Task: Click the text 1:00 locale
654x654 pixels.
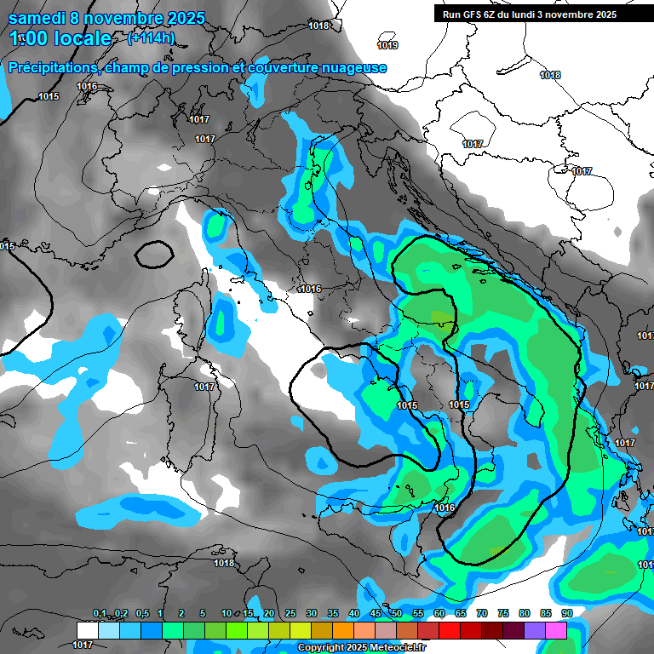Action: click(60, 38)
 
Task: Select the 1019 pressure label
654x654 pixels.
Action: click(387, 45)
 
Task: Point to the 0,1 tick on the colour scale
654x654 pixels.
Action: click(100, 614)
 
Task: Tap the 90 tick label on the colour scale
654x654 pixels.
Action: click(566, 614)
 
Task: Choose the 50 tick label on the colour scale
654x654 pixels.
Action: click(397, 614)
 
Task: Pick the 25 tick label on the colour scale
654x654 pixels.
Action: click(290, 614)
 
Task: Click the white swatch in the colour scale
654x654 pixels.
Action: click(87, 630)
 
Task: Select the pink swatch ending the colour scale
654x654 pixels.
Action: click(555, 630)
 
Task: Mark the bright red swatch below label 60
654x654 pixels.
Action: click(449, 630)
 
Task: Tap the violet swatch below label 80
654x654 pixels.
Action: click(534, 630)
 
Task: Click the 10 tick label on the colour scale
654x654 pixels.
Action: click(227, 614)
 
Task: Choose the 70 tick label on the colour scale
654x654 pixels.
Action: click(482, 614)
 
